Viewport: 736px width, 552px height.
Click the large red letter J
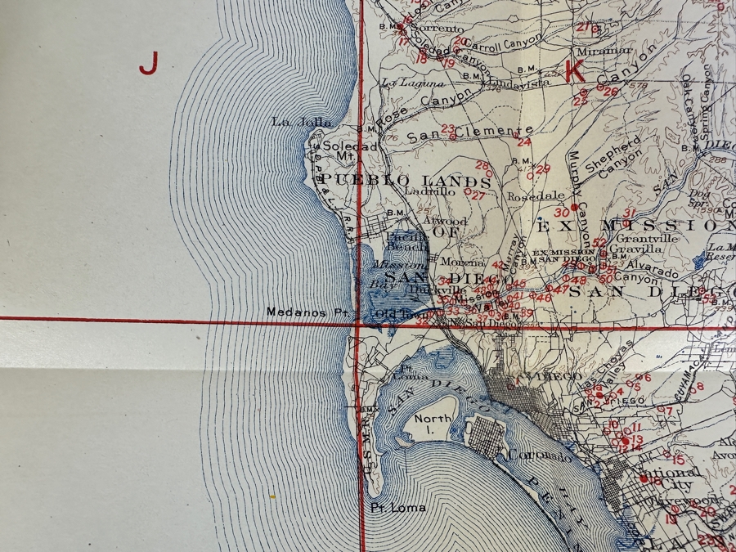click(x=148, y=62)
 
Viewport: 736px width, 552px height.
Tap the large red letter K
click(x=575, y=72)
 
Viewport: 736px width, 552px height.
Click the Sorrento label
click(x=433, y=28)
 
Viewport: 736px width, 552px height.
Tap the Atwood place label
click(x=450, y=222)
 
